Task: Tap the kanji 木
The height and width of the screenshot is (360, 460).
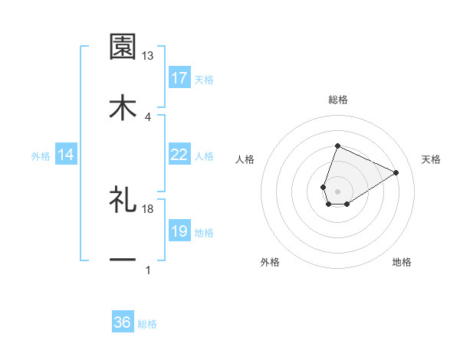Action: click(123, 106)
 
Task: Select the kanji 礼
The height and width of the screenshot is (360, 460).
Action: click(123, 199)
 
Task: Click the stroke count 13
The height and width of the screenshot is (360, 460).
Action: click(148, 56)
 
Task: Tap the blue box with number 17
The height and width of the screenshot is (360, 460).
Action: click(179, 78)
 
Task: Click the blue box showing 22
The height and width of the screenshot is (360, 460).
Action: click(179, 155)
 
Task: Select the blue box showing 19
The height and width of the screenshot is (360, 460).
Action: click(179, 231)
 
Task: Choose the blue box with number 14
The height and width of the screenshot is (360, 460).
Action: click(66, 155)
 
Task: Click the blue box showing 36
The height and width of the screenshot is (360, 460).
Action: click(123, 322)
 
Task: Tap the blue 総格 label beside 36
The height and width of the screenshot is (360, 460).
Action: click(147, 324)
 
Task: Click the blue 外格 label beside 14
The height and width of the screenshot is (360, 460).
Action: click(41, 156)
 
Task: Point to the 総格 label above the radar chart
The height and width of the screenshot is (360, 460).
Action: click(337, 100)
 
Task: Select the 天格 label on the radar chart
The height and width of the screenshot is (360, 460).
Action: click(431, 159)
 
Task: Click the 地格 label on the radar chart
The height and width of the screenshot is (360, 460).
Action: click(402, 262)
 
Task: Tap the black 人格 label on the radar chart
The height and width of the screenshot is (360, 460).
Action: click(245, 159)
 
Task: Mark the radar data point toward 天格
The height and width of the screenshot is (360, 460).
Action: click(396, 172)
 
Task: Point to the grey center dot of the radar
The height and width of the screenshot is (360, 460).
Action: click(337, 190)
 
